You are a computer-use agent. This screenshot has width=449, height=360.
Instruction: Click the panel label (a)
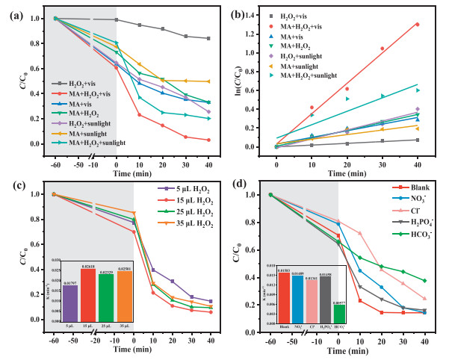tap(13, 10)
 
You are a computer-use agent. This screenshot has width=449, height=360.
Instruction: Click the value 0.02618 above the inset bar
tap(87, 266)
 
